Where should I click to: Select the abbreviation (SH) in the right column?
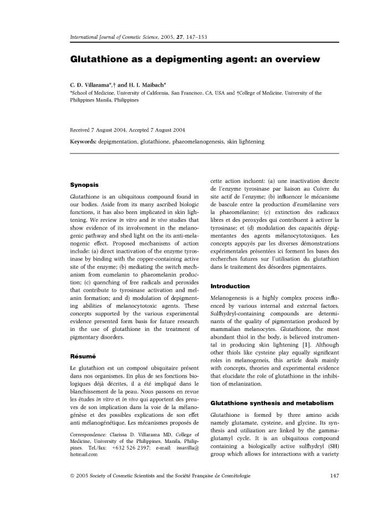coord(329,447)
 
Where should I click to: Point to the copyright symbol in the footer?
coord(73,491)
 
